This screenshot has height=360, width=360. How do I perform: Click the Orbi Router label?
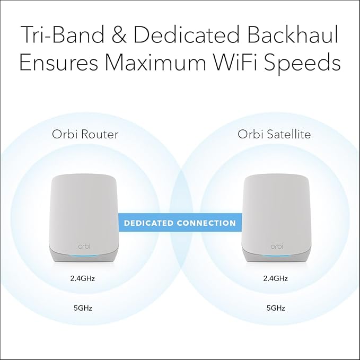coord(85,134)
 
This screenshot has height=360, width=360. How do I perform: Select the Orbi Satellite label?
coord(275,134)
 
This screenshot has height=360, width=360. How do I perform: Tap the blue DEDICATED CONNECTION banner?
coord(180,223)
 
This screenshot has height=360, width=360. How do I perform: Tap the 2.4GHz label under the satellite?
coord(275,277)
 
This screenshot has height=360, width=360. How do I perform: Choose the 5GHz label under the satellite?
coord(275,307)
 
